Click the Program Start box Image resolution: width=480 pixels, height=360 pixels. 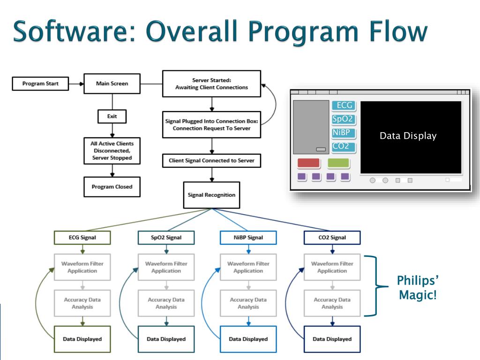[40, 84]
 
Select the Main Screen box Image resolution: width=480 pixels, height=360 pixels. [112, 84]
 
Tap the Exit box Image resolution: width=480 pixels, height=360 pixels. [112, 116]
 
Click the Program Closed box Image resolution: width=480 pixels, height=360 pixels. [112, 187]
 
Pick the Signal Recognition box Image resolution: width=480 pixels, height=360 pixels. [211, 195]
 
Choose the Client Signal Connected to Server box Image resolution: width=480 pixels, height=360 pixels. [211, 160]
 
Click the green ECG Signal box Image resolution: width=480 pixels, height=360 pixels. [82, 238]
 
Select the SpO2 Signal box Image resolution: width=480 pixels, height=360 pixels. [166, 238]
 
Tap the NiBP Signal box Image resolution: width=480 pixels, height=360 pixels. [248, 238]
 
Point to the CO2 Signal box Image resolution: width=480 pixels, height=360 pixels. [332, 238]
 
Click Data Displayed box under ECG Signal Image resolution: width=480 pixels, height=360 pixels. [82, 339]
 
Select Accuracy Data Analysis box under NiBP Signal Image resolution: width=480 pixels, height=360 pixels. [248, 303]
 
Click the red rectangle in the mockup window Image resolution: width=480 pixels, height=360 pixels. [308, 163]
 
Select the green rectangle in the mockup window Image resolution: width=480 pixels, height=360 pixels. [338, 163]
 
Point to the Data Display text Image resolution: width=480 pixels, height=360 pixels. [408, 136]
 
